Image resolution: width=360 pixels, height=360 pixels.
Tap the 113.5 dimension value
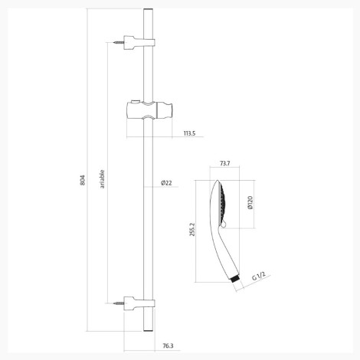point(189,133)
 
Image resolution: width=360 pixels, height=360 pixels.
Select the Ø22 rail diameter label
point(166,183)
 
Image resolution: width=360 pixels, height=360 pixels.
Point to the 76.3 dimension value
point(168,346)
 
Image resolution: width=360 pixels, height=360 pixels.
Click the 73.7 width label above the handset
point(225,163)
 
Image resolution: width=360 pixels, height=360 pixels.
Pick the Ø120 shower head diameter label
point(250,203)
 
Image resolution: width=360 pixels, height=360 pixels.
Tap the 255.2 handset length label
point(192,230)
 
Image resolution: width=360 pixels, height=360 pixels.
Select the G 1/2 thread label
point(258,277)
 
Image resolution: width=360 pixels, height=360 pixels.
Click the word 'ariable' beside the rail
point(102,179)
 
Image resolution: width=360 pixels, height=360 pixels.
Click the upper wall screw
point(118,42)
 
